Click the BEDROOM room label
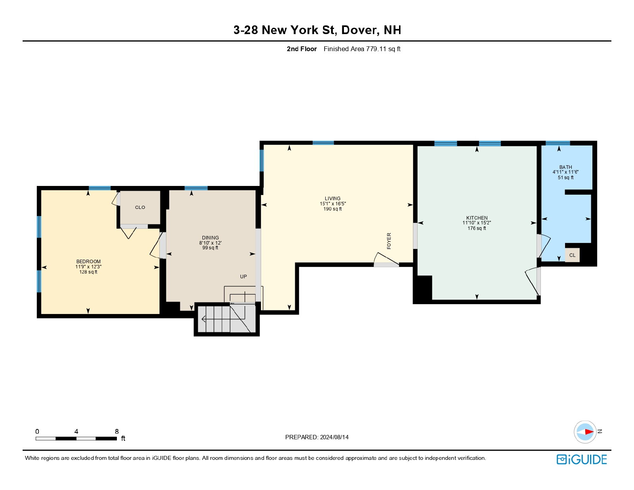pyautogui.click(x=88, y=262)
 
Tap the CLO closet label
pyautogui.click(x=140, y=207)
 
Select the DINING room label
pyautogui.click(x=210, y=237)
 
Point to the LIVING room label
pyautogui.click(x=332, y=199)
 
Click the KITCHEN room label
pyautogui.click(x=477, y=218)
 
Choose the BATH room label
pyautogui.click(x=565, y=167)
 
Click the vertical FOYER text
pyautogui.click(x=389, y=241)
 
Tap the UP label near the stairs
pyautogui.click(x=243, y=276)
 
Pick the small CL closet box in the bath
pyautogui.click(x=572, y=255)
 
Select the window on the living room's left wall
pyautogui.click(x=262, y=161)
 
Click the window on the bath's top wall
pyautogui.click(x=558, y=143)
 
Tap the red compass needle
pyautogui.click(x=589, y=432)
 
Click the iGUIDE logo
pyautogui.click(x=582, y=459)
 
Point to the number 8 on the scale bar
pyautogui.click(x=117, y=431)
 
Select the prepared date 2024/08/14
pyautogui.click(x=334, y=437)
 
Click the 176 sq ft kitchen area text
pyautogui.click(x=477, y=228)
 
